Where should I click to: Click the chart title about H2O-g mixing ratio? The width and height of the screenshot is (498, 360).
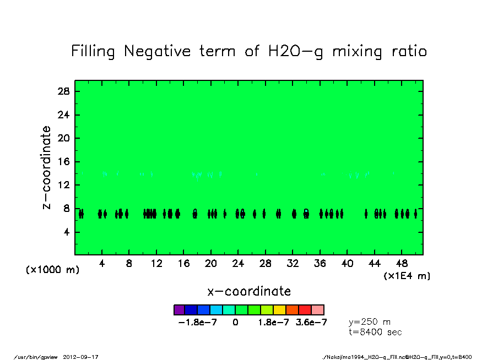tap(249, 52)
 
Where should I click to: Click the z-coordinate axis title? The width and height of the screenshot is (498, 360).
tap(47, 167)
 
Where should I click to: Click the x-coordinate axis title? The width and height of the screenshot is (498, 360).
tap(249, 291)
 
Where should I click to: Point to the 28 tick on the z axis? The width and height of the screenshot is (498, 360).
tap(64, 91)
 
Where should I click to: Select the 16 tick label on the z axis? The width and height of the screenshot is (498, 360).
tap(64, 162)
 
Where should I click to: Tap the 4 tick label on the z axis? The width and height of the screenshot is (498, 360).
tap(67, 232)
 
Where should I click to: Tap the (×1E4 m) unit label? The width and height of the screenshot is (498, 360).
tap(407, 276)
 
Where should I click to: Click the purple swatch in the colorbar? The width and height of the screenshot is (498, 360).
tap(180, 310)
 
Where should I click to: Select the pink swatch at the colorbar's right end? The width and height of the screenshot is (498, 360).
tap(318, 310)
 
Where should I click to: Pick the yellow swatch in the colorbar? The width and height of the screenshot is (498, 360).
tap(280, 310)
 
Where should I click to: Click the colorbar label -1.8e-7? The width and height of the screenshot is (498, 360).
tap(198, 323)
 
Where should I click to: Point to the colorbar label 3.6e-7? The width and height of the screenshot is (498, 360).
tap(311, 323)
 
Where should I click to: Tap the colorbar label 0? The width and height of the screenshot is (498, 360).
tap(236, 323)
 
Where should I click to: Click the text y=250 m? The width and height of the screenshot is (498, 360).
tap(370, 321)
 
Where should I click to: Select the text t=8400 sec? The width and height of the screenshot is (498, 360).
tap(376, 332)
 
